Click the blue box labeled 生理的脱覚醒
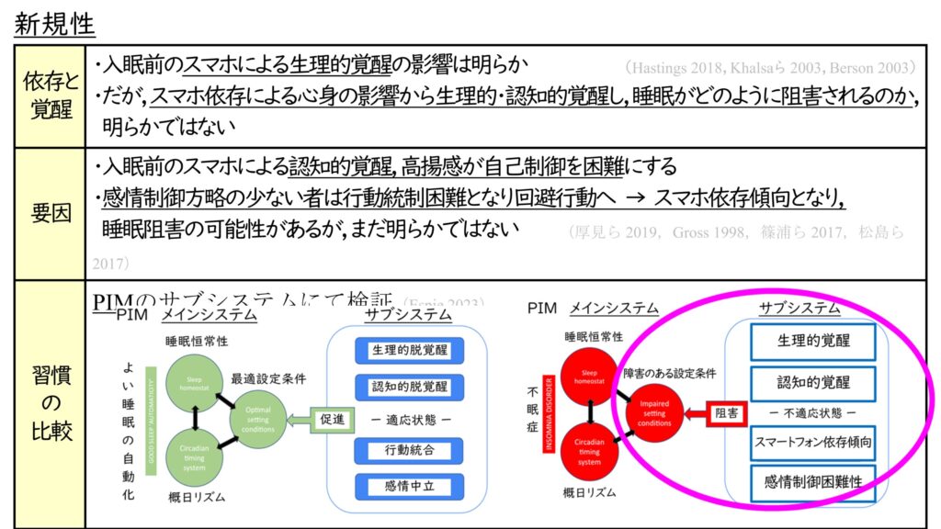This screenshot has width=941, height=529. coord(409,351)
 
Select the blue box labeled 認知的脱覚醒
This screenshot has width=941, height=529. coord(409,386)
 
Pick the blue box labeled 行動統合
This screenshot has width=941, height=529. coord(409,451)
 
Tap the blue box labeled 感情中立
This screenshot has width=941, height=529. coord(409,486)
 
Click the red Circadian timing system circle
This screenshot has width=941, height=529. coord(588,451)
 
